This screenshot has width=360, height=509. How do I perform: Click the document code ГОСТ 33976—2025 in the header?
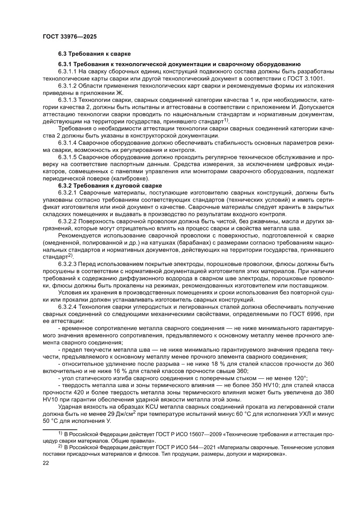click(69, 37)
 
